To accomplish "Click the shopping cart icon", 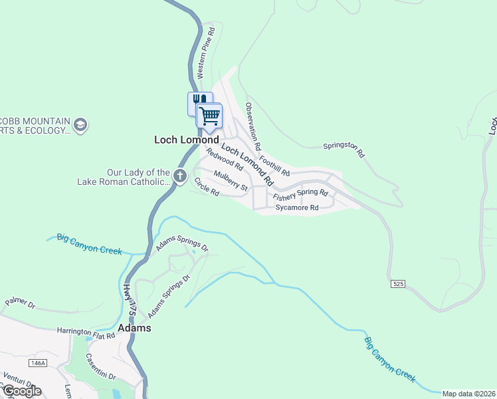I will [209, 116].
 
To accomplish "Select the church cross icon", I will [179, 176].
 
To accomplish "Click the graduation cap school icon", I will [80, 124].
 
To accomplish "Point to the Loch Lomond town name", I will [186, 140].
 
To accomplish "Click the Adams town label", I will [134, 329].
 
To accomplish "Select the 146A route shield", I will [38, 362].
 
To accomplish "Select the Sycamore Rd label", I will [297, 207].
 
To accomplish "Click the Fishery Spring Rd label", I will [300, 196].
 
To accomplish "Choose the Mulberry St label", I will [231, 180].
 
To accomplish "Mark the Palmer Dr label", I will [19, 304].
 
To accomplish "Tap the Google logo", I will [22, 390].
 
